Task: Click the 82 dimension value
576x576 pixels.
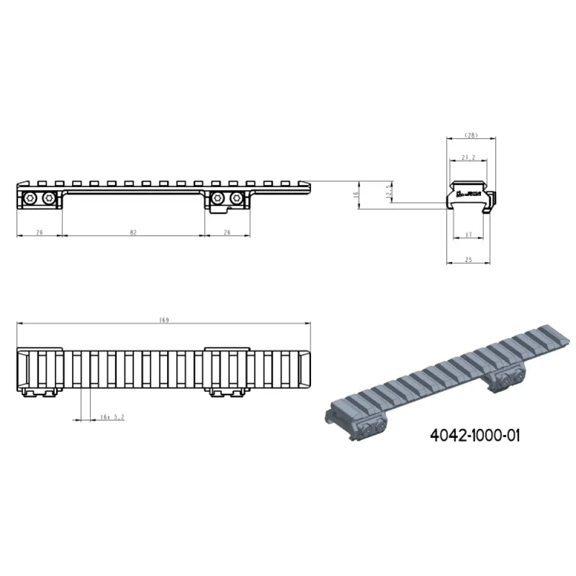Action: click(x=134, y=232)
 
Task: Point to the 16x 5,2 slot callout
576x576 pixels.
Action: click(x=109, y=417)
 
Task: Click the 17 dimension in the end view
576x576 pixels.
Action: click(x=468, y=234)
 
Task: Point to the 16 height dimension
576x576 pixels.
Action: click(x=357, y=195)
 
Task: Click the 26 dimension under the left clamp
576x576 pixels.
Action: click(x=39, y=232)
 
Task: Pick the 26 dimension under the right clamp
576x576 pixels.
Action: click(x=227, y=232)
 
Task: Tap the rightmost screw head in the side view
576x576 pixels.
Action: click(x=236, y=199)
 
